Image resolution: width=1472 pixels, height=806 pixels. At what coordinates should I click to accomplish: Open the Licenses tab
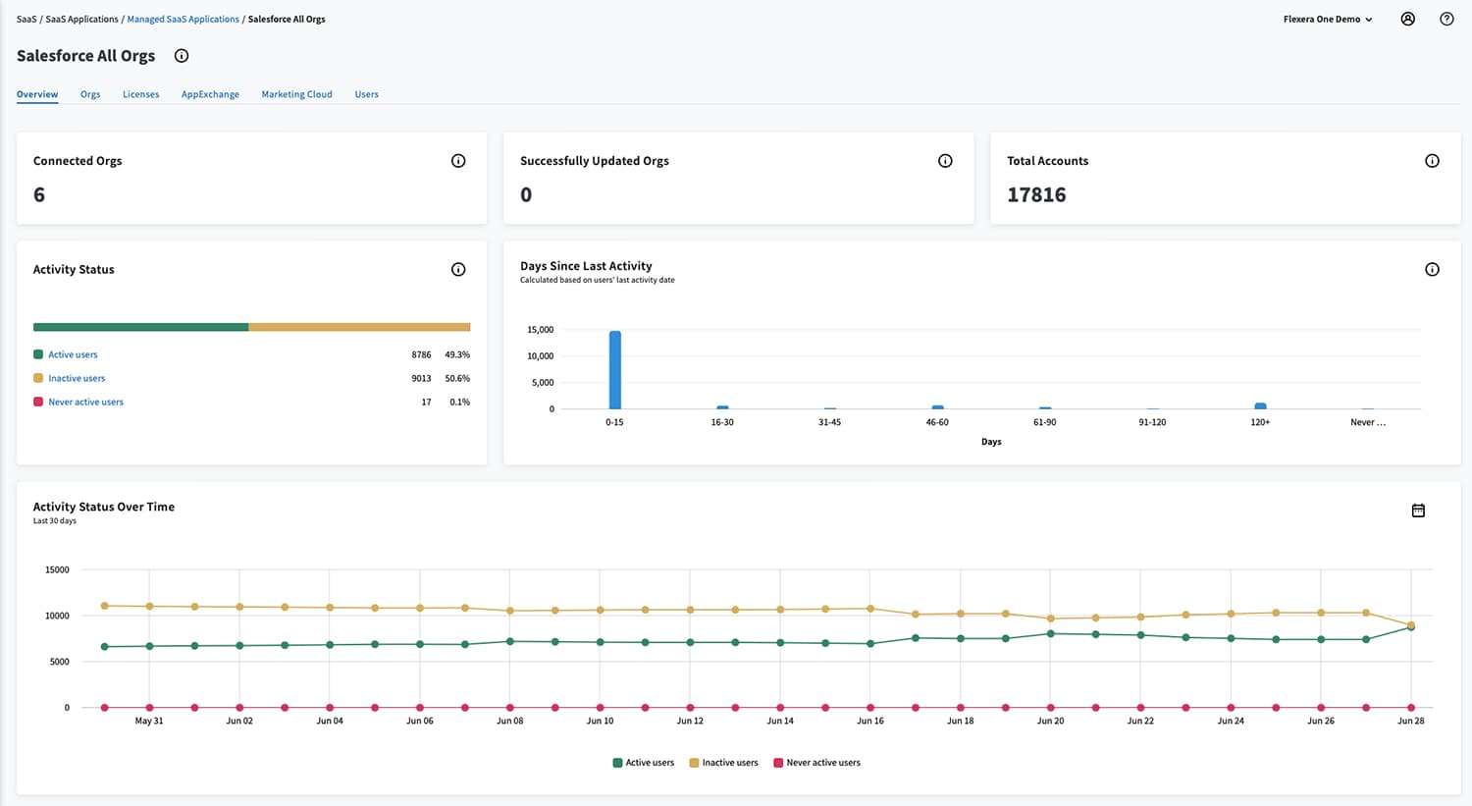(140, 94)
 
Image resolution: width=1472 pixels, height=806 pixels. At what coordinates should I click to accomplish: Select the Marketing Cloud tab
(296, 94)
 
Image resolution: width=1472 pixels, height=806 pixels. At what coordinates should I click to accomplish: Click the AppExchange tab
(210, 94)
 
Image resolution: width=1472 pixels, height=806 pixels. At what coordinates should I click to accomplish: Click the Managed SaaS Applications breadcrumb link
(183, 19)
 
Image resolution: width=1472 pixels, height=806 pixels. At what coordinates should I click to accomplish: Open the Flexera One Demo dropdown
(1328, 19)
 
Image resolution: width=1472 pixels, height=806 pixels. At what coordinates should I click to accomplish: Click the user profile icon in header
(1407, 19)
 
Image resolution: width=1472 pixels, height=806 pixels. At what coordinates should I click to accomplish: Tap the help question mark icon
(1446, 19)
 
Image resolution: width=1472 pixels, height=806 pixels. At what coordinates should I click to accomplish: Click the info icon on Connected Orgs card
(458, 161)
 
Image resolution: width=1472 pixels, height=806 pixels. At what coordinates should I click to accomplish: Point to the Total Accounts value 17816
(1036, 194)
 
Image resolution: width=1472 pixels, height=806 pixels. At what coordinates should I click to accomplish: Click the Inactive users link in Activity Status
(77, 378)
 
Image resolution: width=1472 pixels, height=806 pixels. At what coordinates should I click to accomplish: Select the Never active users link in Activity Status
(85, 402)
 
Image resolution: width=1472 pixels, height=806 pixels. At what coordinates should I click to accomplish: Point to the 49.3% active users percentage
(457, 354)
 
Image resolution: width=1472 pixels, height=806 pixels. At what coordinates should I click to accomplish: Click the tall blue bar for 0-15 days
(614, 370)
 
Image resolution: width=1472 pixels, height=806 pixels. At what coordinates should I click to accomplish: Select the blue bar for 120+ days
(1260, 405)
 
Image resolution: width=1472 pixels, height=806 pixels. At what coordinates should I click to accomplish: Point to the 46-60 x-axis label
(937, 422)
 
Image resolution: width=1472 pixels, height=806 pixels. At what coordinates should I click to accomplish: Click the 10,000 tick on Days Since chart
(540, 356)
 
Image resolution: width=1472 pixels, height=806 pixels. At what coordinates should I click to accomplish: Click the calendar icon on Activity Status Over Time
(1418, 510)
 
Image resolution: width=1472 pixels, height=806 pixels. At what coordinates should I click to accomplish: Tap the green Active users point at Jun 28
(1411, 626)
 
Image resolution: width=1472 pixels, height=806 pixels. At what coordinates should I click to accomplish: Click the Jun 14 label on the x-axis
(780, 721)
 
